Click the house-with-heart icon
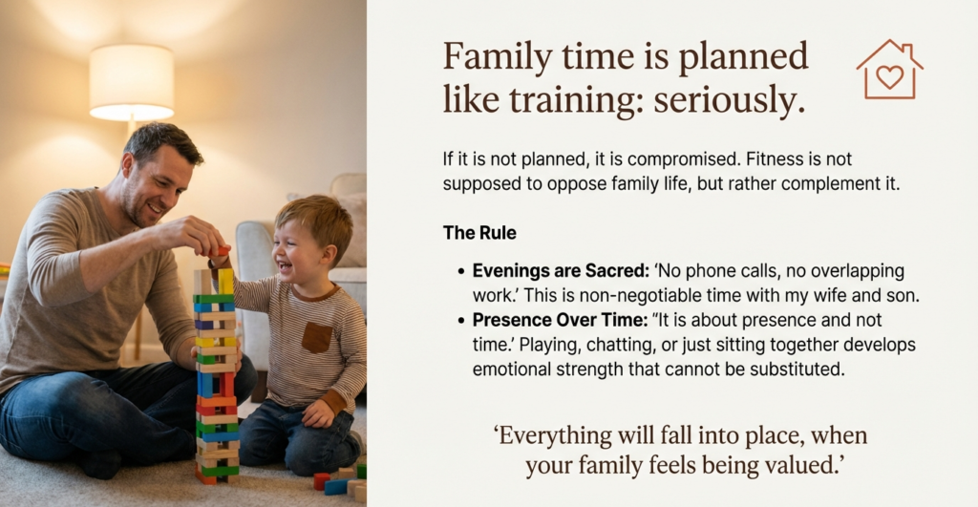(889, 70)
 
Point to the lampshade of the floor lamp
(132, 82)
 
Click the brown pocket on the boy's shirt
(316, 336)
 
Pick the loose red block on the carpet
(321, 480)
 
